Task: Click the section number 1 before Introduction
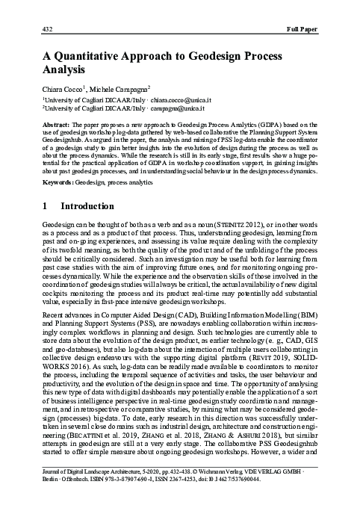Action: (x=46, y=205)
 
